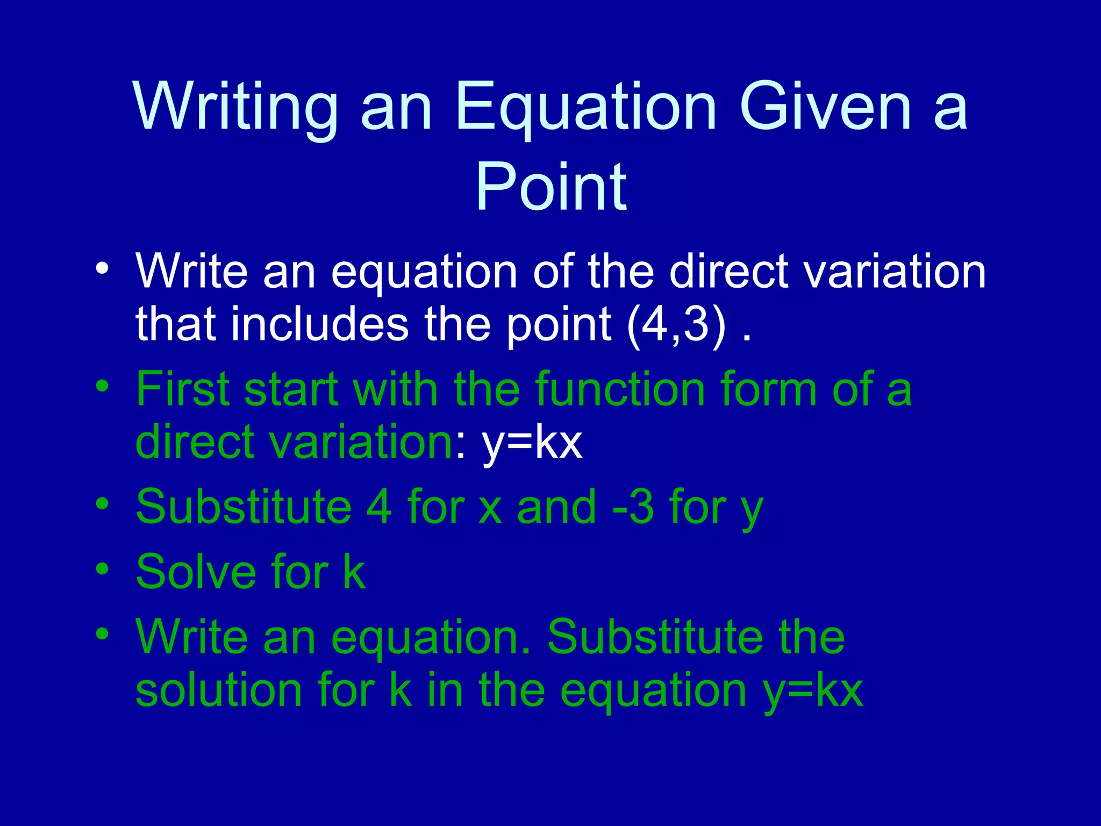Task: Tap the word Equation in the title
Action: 586,108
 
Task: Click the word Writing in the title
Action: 235,108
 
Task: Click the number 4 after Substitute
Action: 379,507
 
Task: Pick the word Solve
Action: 196,572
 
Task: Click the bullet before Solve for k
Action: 102,568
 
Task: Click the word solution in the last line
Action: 219,691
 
